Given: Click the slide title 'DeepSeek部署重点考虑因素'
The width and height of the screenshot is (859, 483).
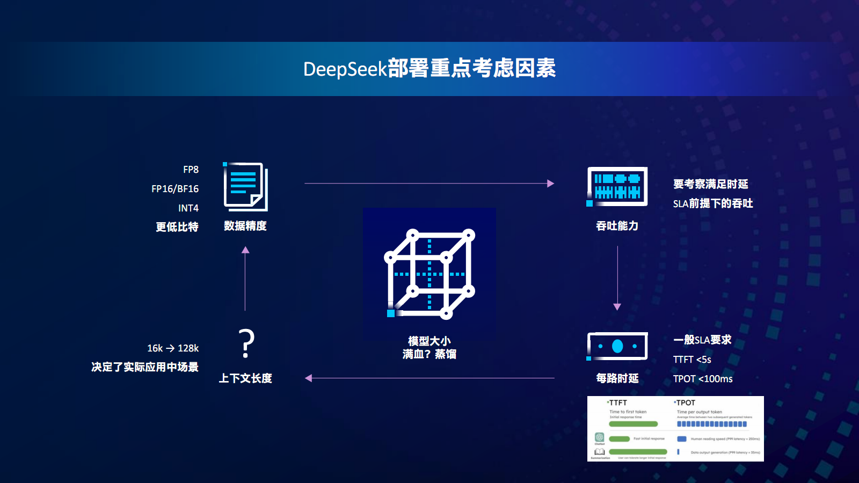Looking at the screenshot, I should coord(429,69).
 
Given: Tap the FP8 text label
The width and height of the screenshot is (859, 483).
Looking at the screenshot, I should coord(191,170).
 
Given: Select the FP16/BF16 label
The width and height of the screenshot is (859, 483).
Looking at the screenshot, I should coord(175,189).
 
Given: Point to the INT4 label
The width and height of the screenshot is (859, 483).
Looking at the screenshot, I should coord(188,208).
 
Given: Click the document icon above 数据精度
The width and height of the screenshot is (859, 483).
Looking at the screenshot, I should coord(245,187).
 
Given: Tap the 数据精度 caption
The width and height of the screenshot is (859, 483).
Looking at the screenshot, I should coord(245,226).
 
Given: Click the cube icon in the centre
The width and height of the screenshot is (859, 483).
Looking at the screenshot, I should coord(429,274).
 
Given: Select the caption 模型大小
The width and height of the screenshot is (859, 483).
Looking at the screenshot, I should coord(429,341).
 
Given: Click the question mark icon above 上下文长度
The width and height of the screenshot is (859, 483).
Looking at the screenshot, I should coord(246,344).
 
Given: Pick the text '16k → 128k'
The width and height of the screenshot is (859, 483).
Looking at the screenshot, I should coord(173,348).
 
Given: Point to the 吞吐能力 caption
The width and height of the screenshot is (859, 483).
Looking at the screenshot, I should coord(617,226).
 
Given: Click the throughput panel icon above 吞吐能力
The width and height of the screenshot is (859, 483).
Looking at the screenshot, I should coord(617,186).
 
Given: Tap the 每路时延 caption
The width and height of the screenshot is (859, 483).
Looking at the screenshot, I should coord(617,378).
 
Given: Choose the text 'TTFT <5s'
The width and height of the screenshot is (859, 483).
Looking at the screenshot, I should coord(692,360).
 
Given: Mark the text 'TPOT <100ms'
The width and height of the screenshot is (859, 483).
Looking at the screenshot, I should coord(703,379).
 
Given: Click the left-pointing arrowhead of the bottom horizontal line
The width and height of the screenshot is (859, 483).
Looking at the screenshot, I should coord(309,378).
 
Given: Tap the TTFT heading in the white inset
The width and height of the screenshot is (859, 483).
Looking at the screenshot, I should coord(618,402).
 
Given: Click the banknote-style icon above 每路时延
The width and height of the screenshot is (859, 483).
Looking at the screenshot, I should coord(617,346).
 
